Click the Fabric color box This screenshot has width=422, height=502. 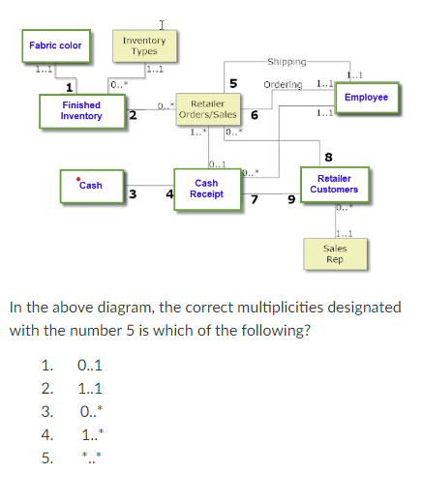[x=55, y=45]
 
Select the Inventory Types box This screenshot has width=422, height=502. [x=144, y=44]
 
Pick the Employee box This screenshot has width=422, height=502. [x=366, y=98]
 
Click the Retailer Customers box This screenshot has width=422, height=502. [x=334, y=184]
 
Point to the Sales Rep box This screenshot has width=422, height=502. [x=334, y=253]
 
